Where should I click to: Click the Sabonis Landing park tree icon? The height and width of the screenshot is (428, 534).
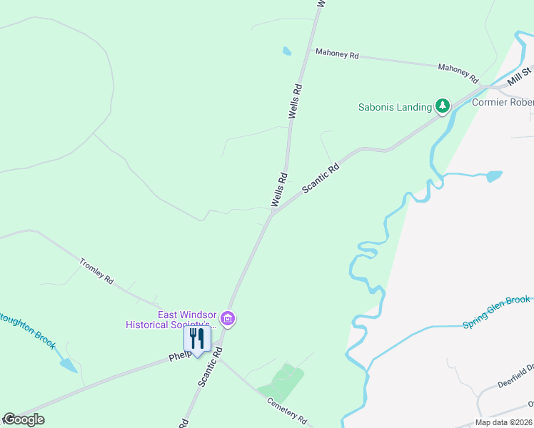(x=443, y=106)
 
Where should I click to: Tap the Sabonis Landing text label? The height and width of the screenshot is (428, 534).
(x=395, y=108)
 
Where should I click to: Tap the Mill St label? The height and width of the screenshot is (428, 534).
(x=520, y=76)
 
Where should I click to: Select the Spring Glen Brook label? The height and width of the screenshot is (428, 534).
(x=496, y=312)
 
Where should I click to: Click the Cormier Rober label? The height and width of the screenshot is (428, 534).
(x=503, y=102)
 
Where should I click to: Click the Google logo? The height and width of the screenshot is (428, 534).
(x=24, y=419)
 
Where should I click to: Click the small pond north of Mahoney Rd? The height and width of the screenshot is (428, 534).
(x=286, y=51)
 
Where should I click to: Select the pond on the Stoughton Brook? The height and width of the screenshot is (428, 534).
(x=69, y=366)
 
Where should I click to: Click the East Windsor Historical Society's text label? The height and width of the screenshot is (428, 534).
(x=168, y=320)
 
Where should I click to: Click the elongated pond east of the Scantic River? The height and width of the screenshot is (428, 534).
(x=493, y=175)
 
